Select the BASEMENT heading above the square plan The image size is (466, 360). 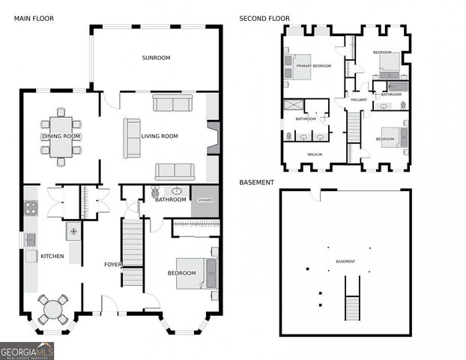click(x=256, y=182)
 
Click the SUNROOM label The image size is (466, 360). click(x=157, y=58)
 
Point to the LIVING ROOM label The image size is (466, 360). click(x=160, y=136)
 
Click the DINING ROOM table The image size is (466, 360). click(x=61, y=135)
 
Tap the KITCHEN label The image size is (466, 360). click(x=52, y=256)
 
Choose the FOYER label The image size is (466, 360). click(x=112, y=264)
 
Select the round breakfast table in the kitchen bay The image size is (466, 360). click(x=52, y=309)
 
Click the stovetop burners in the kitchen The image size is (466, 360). click(x=31, y=208)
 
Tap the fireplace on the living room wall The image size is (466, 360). click(x=213, y=136)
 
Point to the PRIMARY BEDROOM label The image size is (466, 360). click(x=313, y=66)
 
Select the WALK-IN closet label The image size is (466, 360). click(x=315, y=154)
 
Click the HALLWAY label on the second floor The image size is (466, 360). click(x=359, y=100)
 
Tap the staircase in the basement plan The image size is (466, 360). click(x=351, y=297)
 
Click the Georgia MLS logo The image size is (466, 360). click(x=27, y=350)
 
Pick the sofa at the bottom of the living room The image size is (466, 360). click(x=175, y=171)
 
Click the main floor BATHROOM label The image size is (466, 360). click(x=170, y=199)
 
